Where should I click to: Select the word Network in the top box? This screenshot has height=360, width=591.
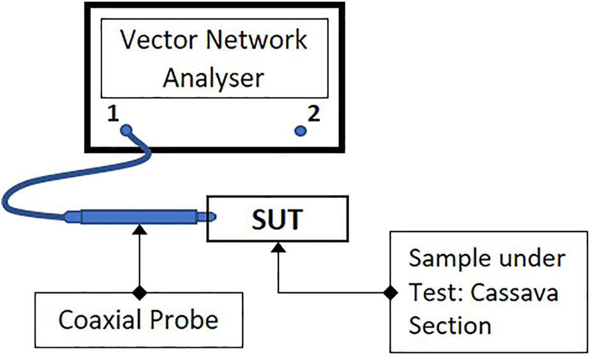tap(255, 41)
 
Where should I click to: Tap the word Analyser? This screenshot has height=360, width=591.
tap(213, 78)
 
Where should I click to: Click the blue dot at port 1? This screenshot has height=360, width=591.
tap(126, 130)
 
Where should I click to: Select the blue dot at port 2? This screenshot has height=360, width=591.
tap(299, 131)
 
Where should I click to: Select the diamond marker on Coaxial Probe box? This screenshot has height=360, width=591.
tap(138, 293)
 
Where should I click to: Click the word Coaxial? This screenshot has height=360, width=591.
tap(100, 320)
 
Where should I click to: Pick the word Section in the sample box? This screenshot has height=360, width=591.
tap(450, 326)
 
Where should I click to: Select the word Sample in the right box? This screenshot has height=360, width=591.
tap(447, 259)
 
